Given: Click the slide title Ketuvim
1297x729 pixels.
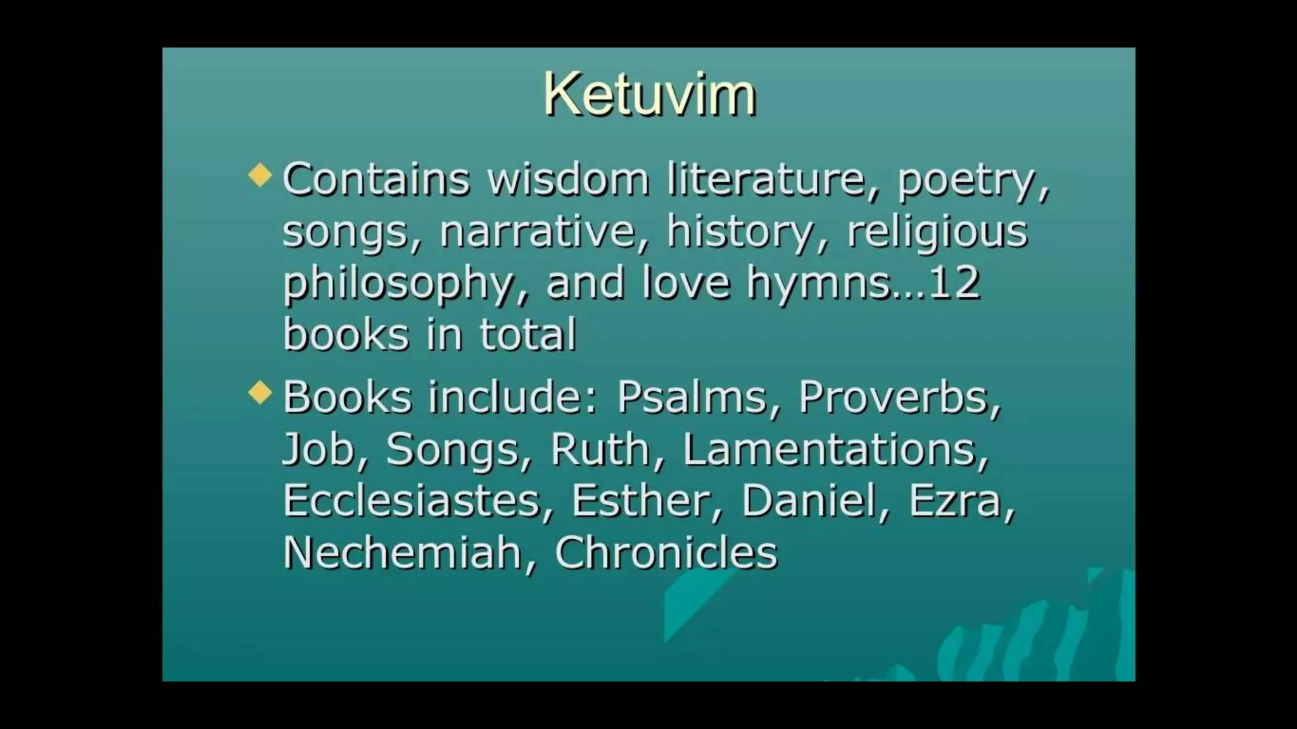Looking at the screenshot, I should tap(649, 95).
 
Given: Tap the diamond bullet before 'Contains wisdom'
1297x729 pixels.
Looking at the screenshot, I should tap(260, 175).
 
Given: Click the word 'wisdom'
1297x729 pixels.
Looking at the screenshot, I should tap(568, 179).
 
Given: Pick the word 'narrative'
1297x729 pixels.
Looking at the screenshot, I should tap(536, 231).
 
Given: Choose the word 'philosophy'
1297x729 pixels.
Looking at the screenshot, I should tap(398, 283).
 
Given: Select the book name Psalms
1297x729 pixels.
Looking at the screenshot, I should tap(692, 397).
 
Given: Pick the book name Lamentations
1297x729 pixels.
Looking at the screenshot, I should tap(830, 449).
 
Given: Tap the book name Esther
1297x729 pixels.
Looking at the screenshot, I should tap(641, 501).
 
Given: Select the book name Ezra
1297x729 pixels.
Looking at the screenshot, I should tap(955, 501).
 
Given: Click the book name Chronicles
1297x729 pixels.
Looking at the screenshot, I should tap(666, 552).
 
